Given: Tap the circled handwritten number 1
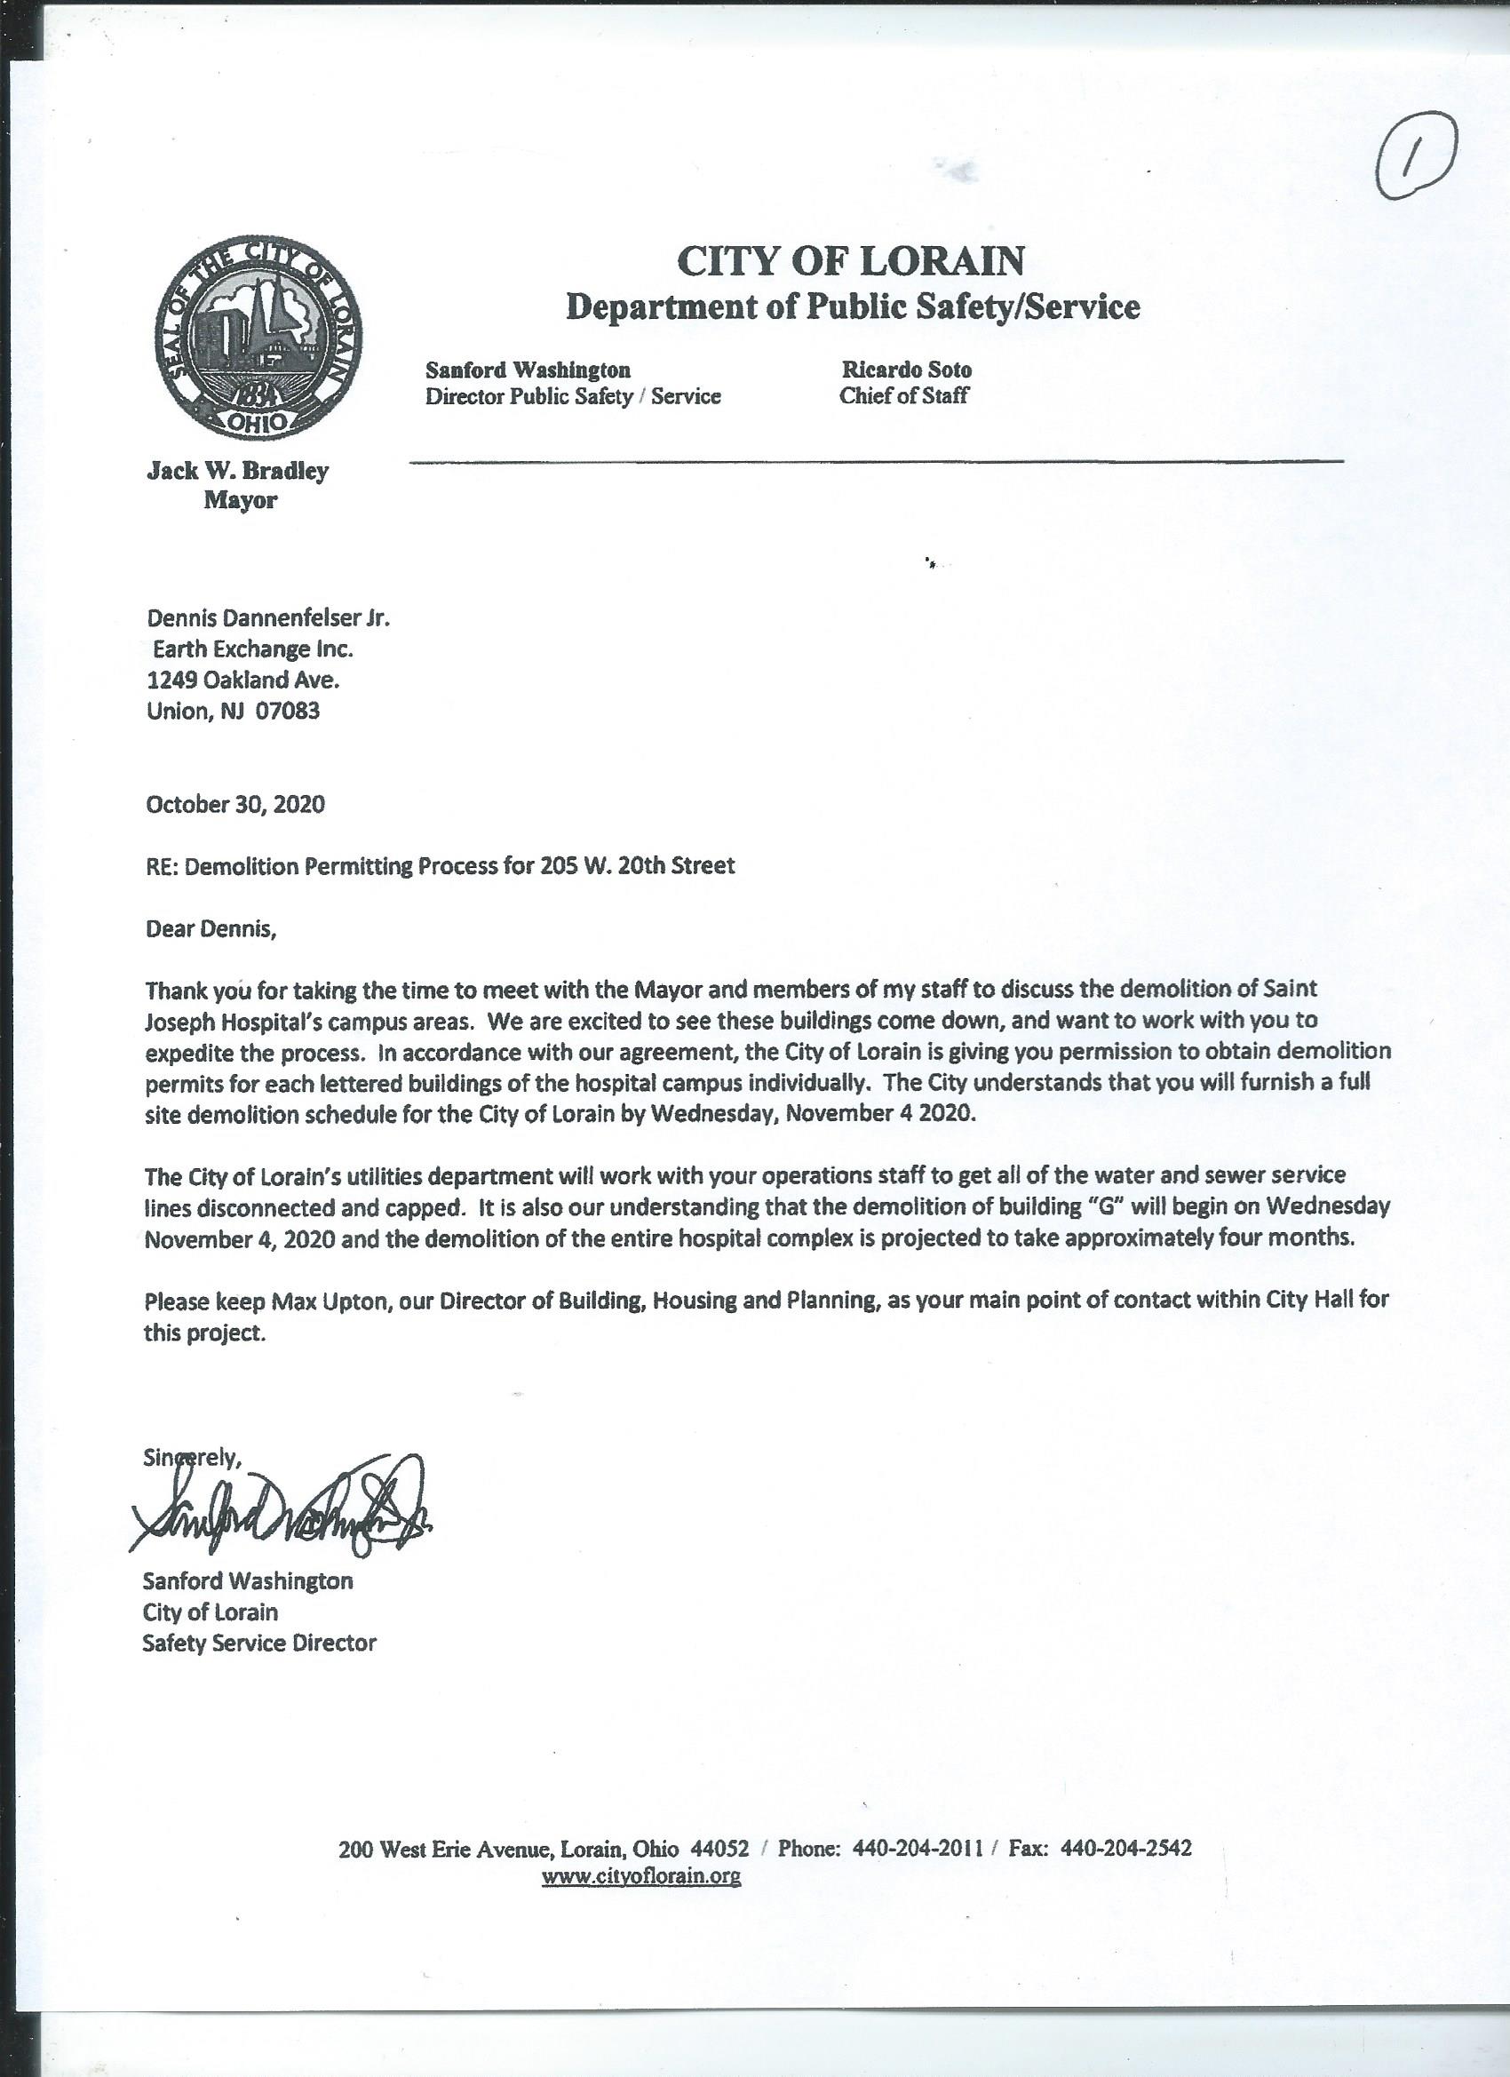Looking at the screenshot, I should click(x=1415, y=163).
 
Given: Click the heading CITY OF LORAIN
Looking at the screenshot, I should click(x=851, y=261).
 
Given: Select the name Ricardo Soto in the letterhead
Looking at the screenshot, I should click(x=907, y=370).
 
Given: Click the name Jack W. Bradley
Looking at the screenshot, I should click(x=238, y=472).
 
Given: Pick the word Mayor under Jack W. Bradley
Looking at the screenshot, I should click(x=240, y=501).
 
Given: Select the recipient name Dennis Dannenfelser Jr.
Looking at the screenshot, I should click(x=268, y=618).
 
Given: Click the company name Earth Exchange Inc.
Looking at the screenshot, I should click(x=253, y=649).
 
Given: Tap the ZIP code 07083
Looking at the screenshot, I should click(x=288, y=712).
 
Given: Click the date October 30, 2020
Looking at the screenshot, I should click(x=235, y=804).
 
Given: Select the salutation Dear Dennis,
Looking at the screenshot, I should click(x=211, y=928).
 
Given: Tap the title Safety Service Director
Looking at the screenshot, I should click(x=259, y=1643).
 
